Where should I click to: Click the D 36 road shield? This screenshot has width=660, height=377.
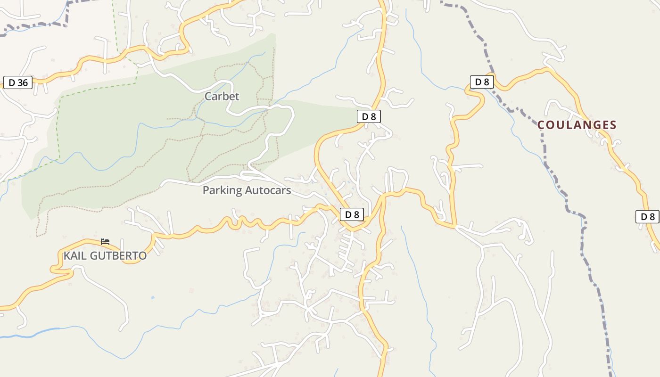point(18,83)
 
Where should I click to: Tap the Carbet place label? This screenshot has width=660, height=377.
point(222,97)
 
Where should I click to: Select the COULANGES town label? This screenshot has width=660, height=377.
point(577,125)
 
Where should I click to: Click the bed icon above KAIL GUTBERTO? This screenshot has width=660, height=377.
point(105,242)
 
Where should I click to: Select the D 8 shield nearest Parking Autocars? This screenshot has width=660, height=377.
point(352,215)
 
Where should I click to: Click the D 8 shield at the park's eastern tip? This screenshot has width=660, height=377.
point(369,116)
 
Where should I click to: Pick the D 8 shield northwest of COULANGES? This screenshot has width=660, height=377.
point(481,82)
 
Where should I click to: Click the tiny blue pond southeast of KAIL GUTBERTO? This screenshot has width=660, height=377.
point(152,298)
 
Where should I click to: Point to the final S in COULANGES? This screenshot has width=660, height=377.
point(613,125)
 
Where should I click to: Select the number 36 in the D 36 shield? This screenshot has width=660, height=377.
point(22,83)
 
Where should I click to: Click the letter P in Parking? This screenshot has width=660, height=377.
point(206,190)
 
